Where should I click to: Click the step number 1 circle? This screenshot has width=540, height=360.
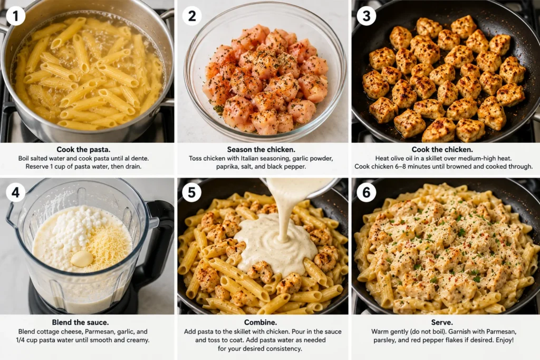pyautogui.click(x=15, y=16)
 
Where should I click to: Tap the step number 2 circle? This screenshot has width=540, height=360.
pyautogui.click(x=192, y=16)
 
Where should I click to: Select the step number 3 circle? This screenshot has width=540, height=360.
pyautogui.click(x=367, y=16)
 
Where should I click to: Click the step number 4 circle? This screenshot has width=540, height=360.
pyautogui.click(x=15, y=192)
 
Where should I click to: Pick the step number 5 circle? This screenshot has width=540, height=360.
pyautogui.click(x=192, y=192)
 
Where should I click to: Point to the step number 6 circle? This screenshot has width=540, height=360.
pyautogui.click(x=367, y=192)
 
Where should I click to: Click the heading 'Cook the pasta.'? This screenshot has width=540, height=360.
pyautogui.click(x=83, y=150)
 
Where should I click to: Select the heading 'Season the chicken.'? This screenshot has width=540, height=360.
pyautogui.click(x=261, y=150)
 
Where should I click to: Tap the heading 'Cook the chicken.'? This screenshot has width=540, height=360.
pyautogui.click(x=442, y=150)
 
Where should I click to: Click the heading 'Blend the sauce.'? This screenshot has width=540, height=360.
pyautogui.click(x=80, y=323)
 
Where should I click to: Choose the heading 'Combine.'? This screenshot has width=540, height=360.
pyautogui.click(x=260, y=323)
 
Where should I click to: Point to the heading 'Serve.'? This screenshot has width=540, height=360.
pyautogui.click(x=442, y=323)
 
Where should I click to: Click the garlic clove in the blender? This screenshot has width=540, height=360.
pyautogui.click(x=82, y=258)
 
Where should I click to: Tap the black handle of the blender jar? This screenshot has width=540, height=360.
pyautogui.click(x=162, y=234)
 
